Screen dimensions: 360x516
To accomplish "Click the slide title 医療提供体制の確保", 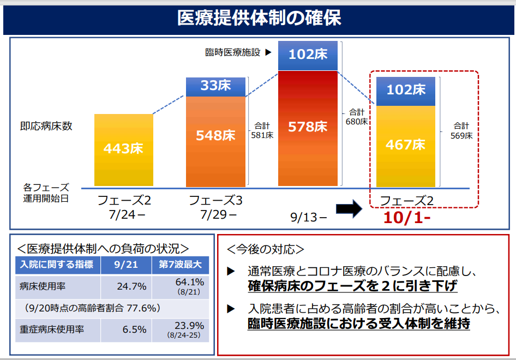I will click(x=259, y=18).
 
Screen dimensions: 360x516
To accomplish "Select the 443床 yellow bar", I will click(x=124, y=150).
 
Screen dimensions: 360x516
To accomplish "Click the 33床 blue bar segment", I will click(x=215, y=86).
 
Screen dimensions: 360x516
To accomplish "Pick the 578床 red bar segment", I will click(x=308, y=128).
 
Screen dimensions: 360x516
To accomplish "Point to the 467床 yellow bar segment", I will click(x=405, y=146).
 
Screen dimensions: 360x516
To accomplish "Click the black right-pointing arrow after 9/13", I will click(x=349, y=208).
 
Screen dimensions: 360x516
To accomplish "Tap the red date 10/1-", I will click(x=406, y=218).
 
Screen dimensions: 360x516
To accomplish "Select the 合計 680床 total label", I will click(x=356, y=117).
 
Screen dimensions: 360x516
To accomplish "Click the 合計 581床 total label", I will click(x=262, y=130).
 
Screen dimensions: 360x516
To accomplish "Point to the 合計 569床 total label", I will click(x=461, y=131).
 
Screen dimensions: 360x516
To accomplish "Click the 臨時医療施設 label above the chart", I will click(x=232, y=53).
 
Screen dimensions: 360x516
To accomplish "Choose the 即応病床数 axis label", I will click(x=46, y=126).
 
